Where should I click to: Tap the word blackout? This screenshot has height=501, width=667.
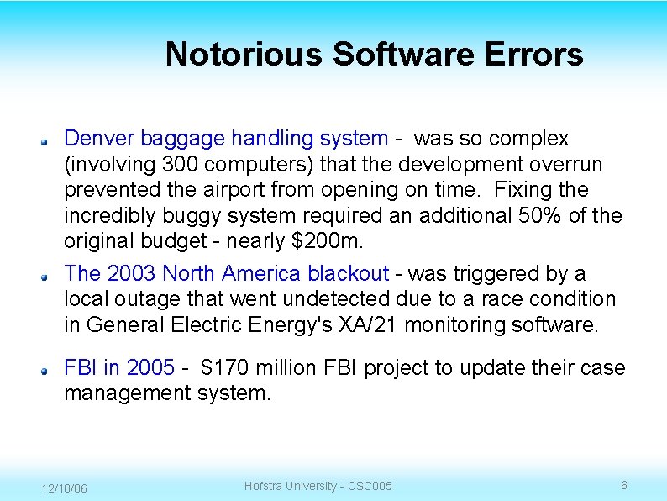click(x=348, y=274)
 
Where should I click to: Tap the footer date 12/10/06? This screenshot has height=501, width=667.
click(x=65, y=488)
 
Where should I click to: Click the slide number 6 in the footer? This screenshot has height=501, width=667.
click(x=623, y=485)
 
